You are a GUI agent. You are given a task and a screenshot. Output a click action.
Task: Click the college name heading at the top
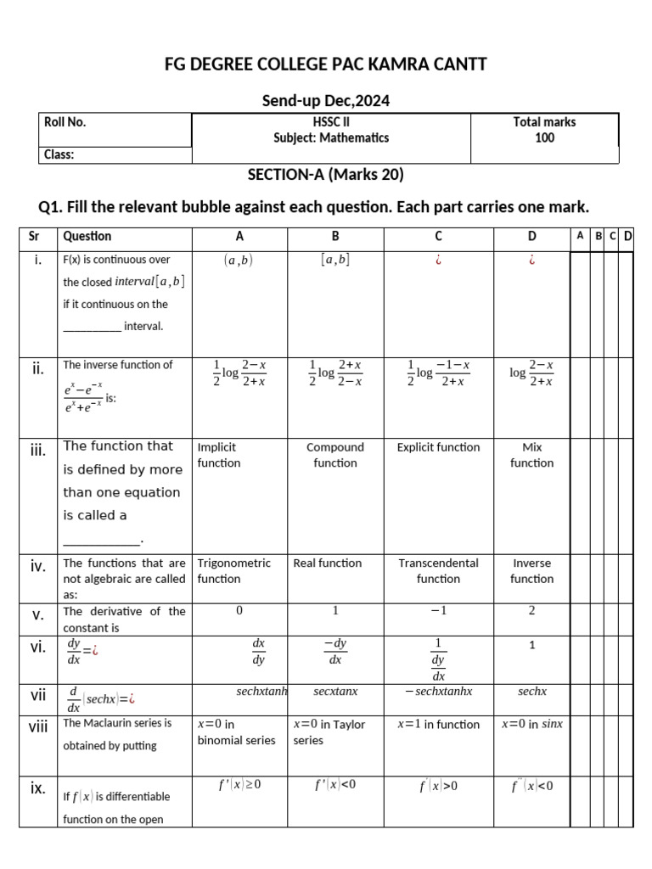tap(325, 64)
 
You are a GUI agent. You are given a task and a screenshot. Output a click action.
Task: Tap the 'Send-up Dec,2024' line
tap(326, 101)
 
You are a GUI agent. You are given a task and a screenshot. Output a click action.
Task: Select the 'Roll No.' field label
tap(65, 122)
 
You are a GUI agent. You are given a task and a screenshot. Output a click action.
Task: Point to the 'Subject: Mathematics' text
tap(331, 137)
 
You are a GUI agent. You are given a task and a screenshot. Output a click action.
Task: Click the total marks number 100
tap(544, 137)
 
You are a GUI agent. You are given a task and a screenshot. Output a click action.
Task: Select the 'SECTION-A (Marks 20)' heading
tap(325, 175)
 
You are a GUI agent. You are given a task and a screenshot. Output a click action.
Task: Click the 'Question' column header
tap(87, 236)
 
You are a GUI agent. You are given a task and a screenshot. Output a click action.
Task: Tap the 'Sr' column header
tap(37, 236)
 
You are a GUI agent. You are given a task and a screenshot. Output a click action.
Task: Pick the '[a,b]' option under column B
tap(335, 261)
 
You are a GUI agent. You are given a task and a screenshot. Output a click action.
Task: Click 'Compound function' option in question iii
tap(335, 455)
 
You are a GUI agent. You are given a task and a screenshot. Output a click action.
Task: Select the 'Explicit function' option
tap(438, 447)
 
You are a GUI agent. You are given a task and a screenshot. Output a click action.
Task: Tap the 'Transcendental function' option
tap(438, 570)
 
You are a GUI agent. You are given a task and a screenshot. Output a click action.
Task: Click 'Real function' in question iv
tap(327, 563)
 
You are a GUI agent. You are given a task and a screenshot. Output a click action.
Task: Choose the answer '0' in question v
tap(239, 610)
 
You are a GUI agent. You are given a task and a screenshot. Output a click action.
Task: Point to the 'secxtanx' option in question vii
tap(335, 692)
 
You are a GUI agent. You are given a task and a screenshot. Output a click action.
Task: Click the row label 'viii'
tap(37, 726)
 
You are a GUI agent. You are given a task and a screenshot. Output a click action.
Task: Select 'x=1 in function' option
tap(438, 724)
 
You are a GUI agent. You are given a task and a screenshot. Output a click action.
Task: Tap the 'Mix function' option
tap(532, 455)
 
